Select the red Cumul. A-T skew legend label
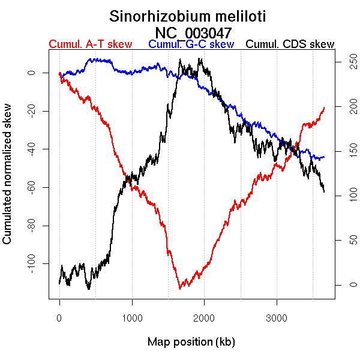(x=90, y=44)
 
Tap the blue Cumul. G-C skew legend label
(x=191, y=44)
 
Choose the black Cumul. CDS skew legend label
(x=290, y=44)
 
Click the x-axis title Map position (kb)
(x=191, y=342)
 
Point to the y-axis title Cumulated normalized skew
(x=8, y=179)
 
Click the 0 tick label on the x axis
(x=59, y=317)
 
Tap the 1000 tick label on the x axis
(x=132, y=317)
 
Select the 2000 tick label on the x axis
(x=204, y=317)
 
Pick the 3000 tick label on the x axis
(x=277, y=317)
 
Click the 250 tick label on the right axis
(x=347, y=61)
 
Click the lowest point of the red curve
(x=179, y=289)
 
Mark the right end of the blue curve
(x=324, y=157)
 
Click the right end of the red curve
(x=324, y=108)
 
